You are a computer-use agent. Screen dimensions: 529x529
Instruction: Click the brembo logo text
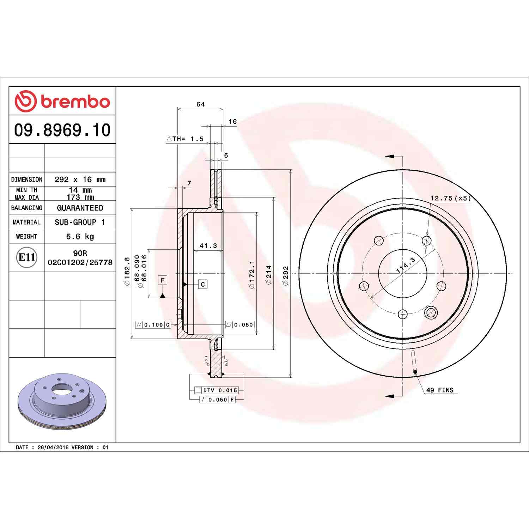point(75,102)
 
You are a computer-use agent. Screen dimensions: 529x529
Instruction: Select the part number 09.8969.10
point(62,130)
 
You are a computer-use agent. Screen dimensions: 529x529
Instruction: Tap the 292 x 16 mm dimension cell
point(80,180)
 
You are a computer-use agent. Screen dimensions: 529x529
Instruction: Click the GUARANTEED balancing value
point(80,208)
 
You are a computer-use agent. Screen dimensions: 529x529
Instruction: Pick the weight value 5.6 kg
point(80,237)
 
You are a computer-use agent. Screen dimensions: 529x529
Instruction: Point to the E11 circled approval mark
point(26,257)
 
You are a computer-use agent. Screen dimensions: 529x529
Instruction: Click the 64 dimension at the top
point(200,104)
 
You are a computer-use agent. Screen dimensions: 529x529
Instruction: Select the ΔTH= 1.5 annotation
point(185,139)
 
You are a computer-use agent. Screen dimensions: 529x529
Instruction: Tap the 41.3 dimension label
point(208,246)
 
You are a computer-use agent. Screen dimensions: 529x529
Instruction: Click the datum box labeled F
point(163,281)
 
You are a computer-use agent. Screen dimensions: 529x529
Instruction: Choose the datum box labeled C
point(203,284)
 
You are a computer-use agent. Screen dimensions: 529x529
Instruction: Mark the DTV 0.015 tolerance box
point(217,390)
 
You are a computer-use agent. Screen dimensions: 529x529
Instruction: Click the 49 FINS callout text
point(440,390)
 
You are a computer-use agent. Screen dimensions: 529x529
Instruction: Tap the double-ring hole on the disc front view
point(431,312)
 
